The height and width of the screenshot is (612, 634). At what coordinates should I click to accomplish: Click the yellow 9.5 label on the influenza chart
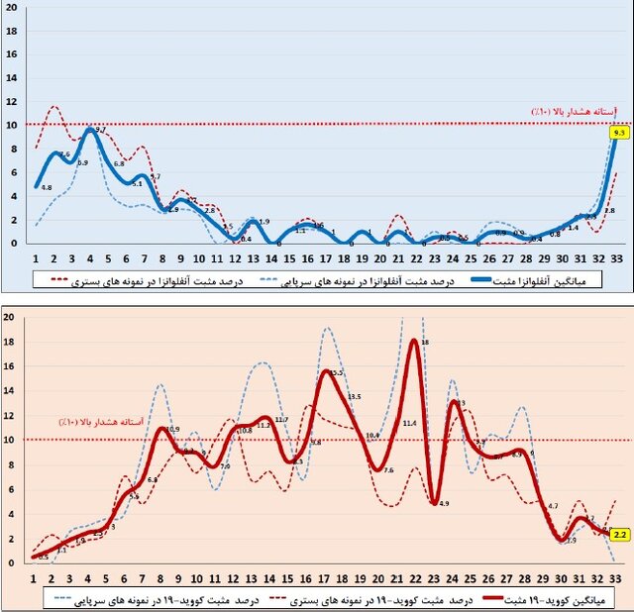tap(619, 133)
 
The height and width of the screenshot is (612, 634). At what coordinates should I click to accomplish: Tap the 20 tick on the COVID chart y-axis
tap(9, 317)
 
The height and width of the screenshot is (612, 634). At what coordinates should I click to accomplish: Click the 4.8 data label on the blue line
tap(47, 187)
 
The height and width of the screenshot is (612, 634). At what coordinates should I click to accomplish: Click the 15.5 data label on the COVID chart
tap(338, 373)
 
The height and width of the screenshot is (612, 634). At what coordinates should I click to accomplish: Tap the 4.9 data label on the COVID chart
tap(443, 504)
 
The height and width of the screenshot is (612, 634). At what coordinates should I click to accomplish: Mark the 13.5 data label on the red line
tap(354, 397)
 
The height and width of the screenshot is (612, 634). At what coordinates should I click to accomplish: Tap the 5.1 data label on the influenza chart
tap(137, 183)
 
